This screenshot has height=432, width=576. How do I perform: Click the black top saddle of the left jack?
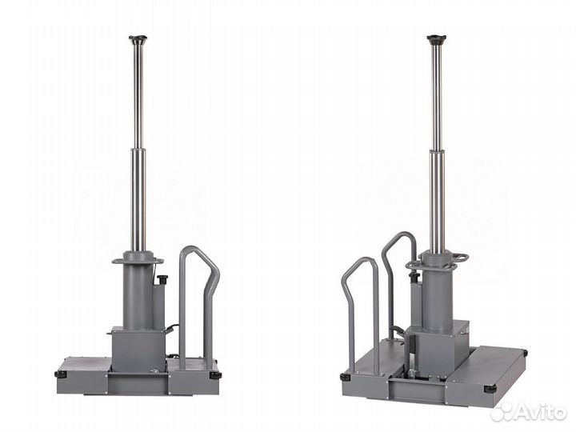pos(138,38)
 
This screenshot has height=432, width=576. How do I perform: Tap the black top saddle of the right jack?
pos(436,38)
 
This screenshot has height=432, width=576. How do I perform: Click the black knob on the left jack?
pos(162,277)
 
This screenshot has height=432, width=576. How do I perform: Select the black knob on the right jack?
pos(414,275)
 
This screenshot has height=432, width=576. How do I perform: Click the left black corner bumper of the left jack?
pos(61,374)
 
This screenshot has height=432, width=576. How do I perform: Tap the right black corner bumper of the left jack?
pos(215,375)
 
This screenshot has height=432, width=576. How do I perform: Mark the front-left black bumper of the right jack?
pos(346,378)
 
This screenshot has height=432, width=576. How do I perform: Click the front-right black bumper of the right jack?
pos(490,389)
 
